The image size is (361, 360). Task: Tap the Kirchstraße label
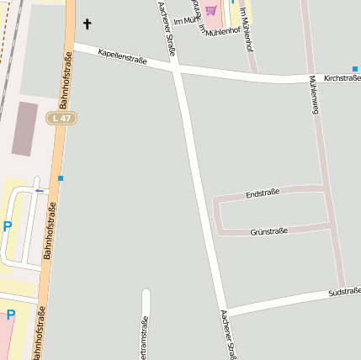click(342, 77)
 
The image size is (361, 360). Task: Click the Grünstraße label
click(269, 230)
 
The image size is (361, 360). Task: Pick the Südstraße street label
click(344, 292)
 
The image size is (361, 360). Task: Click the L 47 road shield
click(61, 119)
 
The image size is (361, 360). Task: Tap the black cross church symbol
click(87, 24)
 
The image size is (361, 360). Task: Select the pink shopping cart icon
click(210, 11)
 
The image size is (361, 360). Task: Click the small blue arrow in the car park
click(39, 190)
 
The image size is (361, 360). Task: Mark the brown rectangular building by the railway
click(25, 129)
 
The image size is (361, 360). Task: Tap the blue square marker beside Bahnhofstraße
click(61, 178)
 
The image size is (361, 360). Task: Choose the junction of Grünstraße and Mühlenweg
click(331, 225)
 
